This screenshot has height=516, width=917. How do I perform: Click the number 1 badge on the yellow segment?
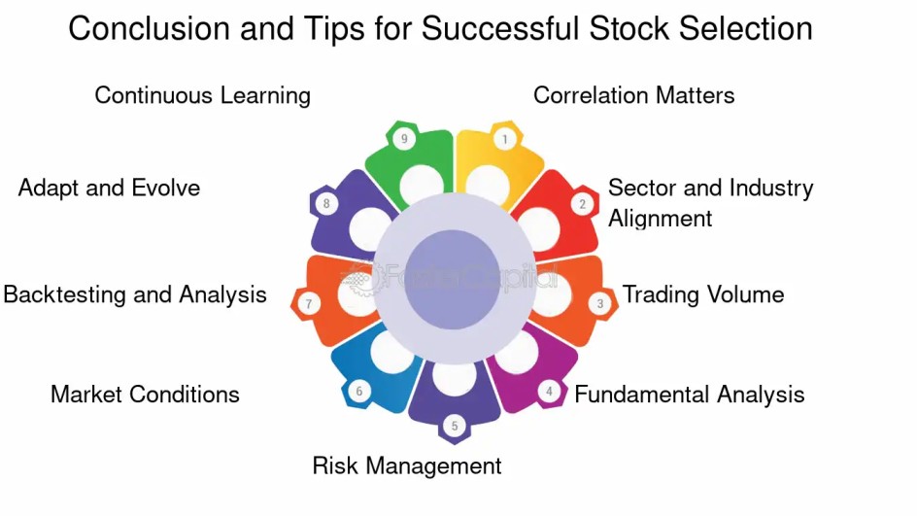[x=504, y=139]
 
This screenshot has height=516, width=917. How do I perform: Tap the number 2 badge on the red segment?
[x=582, y=204]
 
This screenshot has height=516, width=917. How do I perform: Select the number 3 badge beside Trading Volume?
[x=600, y=304]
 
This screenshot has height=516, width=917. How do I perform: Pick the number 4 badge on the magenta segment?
[x=549, y=392]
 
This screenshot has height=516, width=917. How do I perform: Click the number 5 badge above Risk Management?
[x=454, y=426]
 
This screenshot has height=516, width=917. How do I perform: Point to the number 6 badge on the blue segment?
[x=358, y=392]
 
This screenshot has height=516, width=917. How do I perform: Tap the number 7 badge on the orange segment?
[x=308, y=304]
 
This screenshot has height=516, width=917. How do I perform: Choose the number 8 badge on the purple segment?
[x=326, y=204]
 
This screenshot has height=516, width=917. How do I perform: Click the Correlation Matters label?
[x=633, y=95]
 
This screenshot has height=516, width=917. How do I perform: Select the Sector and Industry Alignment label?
[x=710, y=202]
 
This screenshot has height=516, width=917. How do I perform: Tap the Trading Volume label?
[x=702, y=294]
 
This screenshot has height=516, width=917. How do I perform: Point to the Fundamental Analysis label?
[x=689, y=394]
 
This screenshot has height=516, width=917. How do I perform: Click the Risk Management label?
[x=406, y=465]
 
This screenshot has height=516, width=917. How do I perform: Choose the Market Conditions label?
[x=145, y=394]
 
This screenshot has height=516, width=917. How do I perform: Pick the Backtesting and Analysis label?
[x=135, y=294]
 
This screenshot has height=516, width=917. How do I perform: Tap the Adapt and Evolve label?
[x=109, y=188]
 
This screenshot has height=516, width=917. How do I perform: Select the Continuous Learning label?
[x=202, y=95]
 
